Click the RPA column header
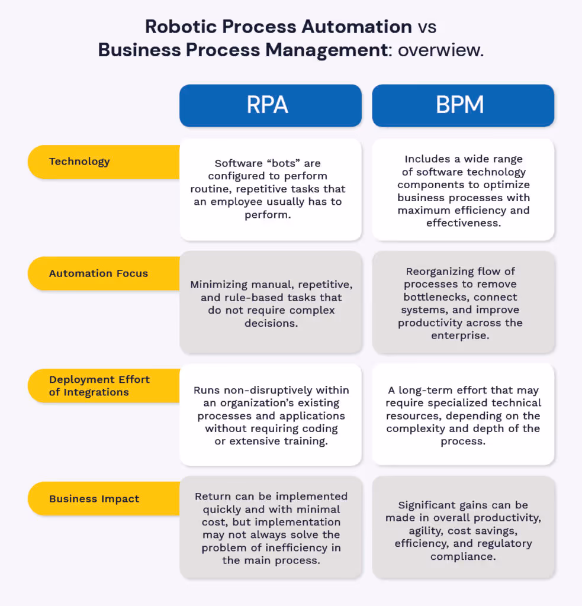(270, 105)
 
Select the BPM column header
(463, 105)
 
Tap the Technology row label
(79, 162)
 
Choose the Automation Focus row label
(98, 273)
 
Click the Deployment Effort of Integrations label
(99, 386)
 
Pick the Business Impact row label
(94, 498)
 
